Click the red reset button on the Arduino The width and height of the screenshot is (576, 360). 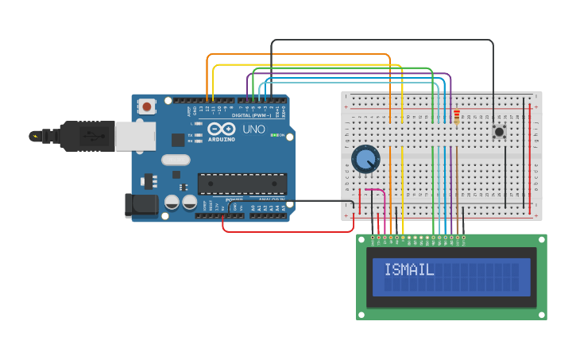point(147,106)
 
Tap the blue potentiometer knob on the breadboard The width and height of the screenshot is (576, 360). point(365,159)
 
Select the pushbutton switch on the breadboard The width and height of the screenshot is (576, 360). point(500,131)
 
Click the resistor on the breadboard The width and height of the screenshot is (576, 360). point(456,117)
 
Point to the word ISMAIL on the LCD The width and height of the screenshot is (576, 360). point(409,270)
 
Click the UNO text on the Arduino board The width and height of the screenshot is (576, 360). point(253,130)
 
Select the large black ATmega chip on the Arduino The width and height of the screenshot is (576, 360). point(242,184)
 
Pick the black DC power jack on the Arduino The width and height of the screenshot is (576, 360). point(142,204)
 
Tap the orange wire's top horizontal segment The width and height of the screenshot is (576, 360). point(298,55)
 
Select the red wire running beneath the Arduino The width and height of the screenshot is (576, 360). point(286,232)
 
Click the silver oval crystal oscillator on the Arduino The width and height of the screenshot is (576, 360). point(176,160)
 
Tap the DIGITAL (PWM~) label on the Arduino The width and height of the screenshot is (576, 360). point(251,115)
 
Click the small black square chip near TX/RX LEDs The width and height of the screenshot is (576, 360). point(178,140)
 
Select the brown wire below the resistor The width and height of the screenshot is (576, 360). point(457,183)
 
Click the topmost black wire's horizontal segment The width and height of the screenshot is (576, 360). point(381,40)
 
